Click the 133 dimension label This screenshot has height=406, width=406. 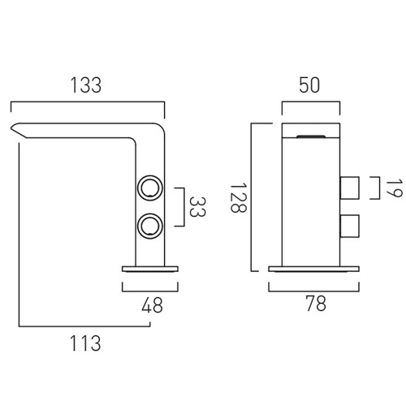86,85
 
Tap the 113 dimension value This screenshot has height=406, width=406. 85,343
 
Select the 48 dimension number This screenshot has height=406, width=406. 152,305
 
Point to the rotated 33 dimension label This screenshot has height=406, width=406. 197,207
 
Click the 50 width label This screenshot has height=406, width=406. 309,85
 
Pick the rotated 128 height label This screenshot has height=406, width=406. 238,198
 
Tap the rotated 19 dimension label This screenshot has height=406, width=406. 394,188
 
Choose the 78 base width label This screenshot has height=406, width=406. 316,303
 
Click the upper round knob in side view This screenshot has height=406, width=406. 150,188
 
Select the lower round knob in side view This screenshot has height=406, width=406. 150,227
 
